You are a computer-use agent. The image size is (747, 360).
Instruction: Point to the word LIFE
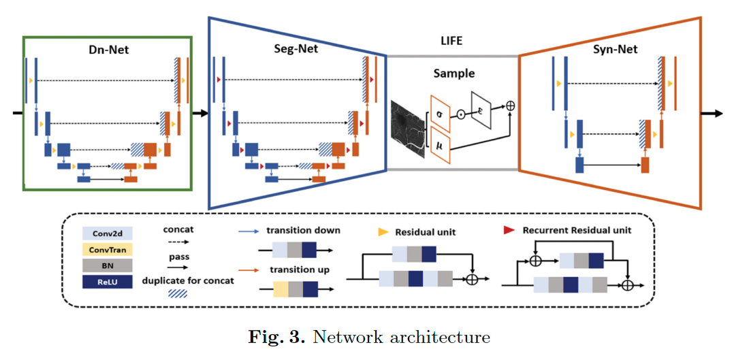[451, 41]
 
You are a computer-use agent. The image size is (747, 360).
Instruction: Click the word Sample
[454, 73]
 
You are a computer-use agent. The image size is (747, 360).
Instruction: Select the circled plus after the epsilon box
[511, 105]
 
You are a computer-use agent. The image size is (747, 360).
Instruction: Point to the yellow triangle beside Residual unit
[383, 232]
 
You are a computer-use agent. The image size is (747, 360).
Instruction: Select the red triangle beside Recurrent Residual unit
[509, 230]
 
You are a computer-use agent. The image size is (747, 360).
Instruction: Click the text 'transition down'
[304, 230]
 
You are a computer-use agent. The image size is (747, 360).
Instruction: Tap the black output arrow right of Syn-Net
[722, 113]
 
